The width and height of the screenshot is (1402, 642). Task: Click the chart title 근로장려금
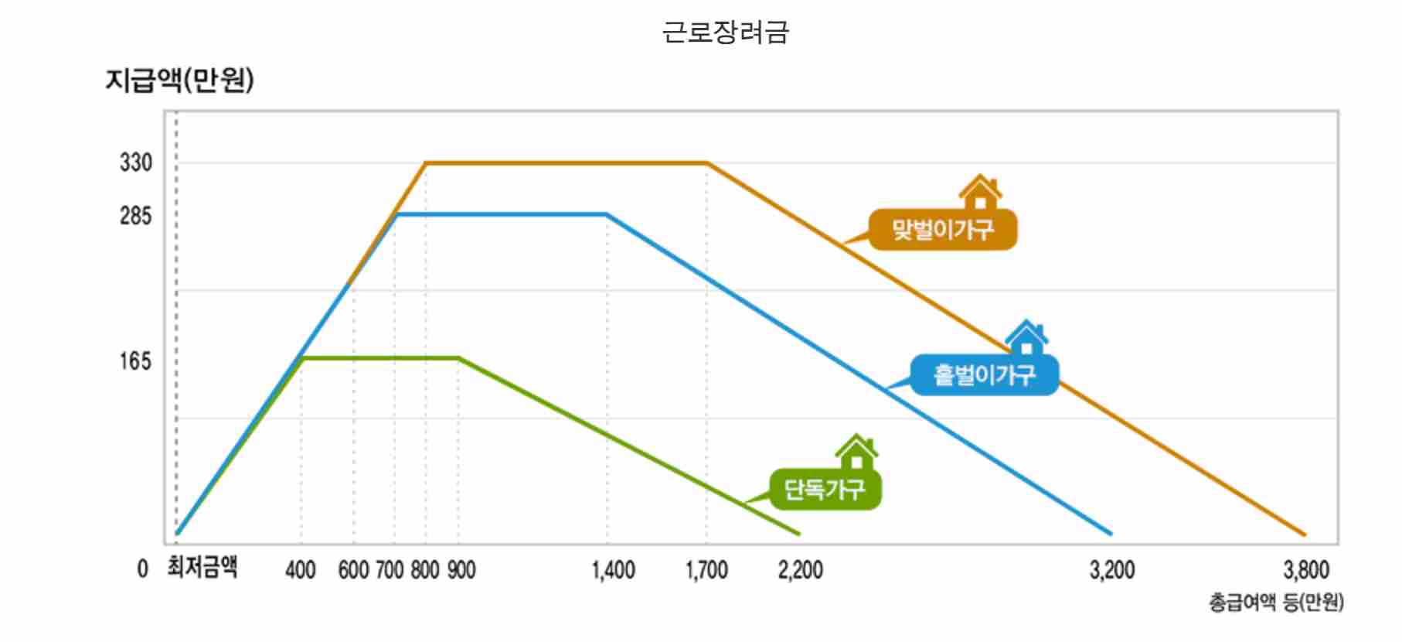pyautogui.click(x=725, y=32)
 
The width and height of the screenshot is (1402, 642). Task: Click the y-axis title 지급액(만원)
pyautogui.click(x=179, y=80)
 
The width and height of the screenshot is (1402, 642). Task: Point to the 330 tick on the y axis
pyautogui.click(x=136, y=163)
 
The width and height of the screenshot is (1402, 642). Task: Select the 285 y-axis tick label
pyautogui.click(x=136, y=216)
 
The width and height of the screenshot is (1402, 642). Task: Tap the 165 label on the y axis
pyautogui.click(x=136, y=361)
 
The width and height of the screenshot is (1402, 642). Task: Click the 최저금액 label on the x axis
pyautogui.click(x=202, y=568)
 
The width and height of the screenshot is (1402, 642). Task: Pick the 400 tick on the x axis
pyautogui.click(x=301, y=571)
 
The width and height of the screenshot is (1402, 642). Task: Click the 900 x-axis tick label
pyautogui.click(x=461, y=571)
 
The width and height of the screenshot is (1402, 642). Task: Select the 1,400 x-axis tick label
pyautogui.click(x=614, y=571)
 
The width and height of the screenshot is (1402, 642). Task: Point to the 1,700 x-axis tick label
pyautogui.click(x=706, y=571)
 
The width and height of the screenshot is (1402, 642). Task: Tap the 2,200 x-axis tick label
pyautogui.click(x=800, y=571)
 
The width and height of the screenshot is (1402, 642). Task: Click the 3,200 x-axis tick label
pyautogui.click(x=1112, y=571)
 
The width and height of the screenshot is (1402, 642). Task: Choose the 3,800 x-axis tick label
pyautogui.click(x=1306, y=571)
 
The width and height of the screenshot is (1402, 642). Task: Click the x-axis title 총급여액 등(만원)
pyautogui.click(x=1276, y=603)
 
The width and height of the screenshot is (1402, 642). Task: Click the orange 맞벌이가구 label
pyautogui.click(x=943, y=230)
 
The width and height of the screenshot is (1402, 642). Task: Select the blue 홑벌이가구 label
pyautogui.click(x=984, y=375)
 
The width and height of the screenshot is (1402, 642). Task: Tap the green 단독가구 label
pyautogui.click(x=825, y=490)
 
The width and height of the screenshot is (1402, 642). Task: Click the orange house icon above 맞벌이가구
pyautogui.click(x=980, y=192)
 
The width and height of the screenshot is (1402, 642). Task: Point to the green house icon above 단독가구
pyautogui.click(x=856, y=452)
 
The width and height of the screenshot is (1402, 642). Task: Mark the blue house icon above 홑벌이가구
pyautogui.click(x=1026, y=337)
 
